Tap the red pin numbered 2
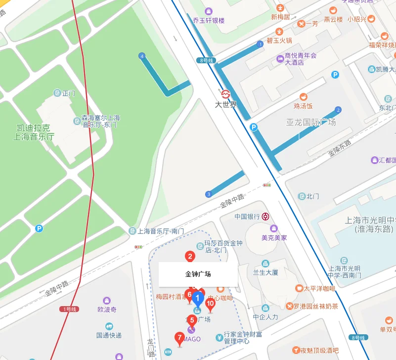click(x=189, y=256)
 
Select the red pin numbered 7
click(x=179, y=338)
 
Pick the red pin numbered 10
click(x=210, y=304)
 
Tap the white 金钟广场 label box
click(x=198, y=273)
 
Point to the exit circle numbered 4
click(x=142, y=56)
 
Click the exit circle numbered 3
click(x=209, y=193)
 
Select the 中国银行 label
click(x=247, y=216)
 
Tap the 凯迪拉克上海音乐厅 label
click(x=34, y=132)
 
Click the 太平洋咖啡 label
click(x=319, y=288)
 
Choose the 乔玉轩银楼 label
click(x=209, y=20)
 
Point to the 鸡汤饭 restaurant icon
click(x=303, y=96)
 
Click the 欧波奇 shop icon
click(x=106, y=301)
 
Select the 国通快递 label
click(x=109, y=335)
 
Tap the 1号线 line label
click(x=69, y=309)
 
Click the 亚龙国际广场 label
click(x=311, y=122)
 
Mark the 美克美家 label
click(x=274, y=237)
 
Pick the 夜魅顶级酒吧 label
click(x=322, y=350)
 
